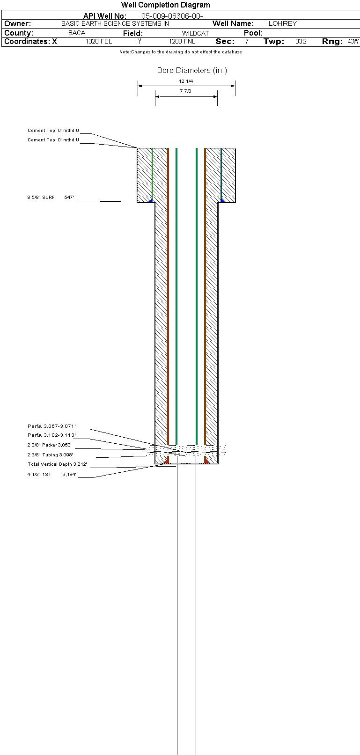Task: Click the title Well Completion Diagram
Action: [166, 5]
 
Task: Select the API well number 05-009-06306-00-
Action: [172, 16]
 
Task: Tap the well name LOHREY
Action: [282, 23]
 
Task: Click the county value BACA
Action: [77, 33]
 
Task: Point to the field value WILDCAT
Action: [195, 33]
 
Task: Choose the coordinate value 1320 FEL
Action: [99, 42]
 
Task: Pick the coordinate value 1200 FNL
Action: [182, 42]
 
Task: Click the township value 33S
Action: [301, 42]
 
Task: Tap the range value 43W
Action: [353, 42]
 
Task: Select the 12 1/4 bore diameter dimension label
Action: [186, 81]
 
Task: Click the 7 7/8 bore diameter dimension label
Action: [185, 91]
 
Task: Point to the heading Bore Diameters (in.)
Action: [192, 71]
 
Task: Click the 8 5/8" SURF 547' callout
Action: [51, 198]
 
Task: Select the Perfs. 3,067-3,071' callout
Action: [51, 426]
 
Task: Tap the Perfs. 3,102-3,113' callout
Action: [51, 435]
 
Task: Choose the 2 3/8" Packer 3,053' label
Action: [50, 445]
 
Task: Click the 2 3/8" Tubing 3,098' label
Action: [50, 455]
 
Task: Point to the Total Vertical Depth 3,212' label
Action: [57, 464]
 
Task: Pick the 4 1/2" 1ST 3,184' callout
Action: [52, 475]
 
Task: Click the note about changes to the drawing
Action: [181, 52]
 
